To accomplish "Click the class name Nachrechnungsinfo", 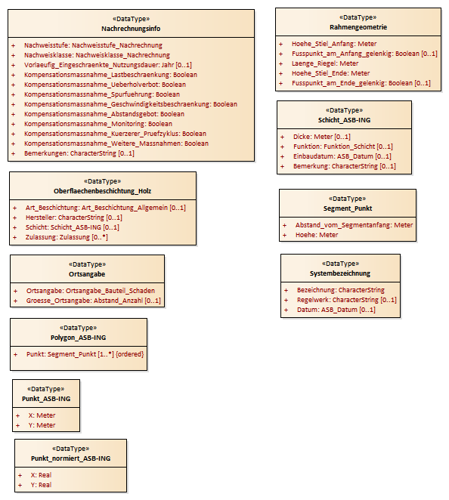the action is click(131, 29).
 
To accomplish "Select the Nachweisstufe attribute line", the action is click(93, 45).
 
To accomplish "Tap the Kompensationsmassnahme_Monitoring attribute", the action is click(98, 124).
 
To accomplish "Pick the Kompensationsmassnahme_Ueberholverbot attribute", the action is click(105, 85).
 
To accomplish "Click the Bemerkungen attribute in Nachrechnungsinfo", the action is click(79, 153).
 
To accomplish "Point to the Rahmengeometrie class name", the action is click(358, 27).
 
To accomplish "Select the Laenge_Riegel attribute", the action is click(325, 63).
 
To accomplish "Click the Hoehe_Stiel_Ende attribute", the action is click(330, 73).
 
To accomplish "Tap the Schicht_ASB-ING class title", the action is click(345, 120).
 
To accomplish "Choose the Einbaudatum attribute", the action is click(342, 156).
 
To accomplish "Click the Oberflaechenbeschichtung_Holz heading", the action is click(103, 191).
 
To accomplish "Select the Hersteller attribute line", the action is click(74, 218).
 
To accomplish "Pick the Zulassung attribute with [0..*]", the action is click(67, 237).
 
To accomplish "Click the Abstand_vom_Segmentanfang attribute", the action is click(354, 225).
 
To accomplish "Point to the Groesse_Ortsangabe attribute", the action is click(94, 301).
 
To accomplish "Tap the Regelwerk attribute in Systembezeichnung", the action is click(346, 300).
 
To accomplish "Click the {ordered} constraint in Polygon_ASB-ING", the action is click(129, 354).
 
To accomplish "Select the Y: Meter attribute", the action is click(42, 425).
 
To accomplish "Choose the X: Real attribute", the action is click(41, 475).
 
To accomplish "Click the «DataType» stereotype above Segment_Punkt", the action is click(348, 199).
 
